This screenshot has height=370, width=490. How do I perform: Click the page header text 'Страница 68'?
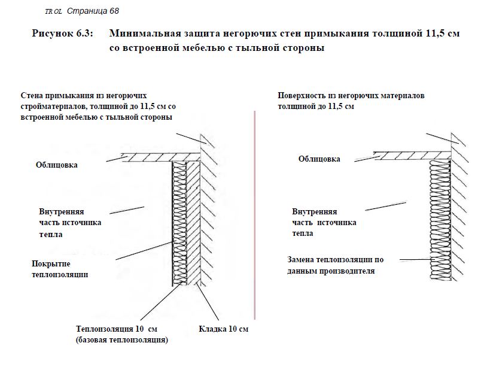[x=93, y=11]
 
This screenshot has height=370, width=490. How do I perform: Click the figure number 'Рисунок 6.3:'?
[x=62, y=34]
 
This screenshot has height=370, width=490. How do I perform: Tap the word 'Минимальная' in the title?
[x=145, y=34]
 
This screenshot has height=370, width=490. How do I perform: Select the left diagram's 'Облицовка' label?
[x=57, y=165]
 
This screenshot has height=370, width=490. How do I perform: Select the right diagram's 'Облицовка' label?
[x=319, y=159]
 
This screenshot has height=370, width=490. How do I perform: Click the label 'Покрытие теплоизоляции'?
[x=60, y=269]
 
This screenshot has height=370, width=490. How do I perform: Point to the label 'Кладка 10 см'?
[x=223, y=329]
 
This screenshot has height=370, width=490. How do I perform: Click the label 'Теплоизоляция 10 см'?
[x=117, y=329]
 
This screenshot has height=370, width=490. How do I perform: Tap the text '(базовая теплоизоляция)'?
[x=122, y=340]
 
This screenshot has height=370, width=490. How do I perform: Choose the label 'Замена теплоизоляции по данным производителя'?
[x=335, y=265]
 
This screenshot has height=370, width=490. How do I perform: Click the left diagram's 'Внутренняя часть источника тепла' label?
[x=70, y=223]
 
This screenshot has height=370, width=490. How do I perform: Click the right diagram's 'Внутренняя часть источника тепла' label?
[x=324, y=222]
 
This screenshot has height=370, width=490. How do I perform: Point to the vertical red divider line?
[x=255, y=215]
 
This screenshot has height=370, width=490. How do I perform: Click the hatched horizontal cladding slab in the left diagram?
[x=162, y=157]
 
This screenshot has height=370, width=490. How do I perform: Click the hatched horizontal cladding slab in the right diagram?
[x=412, y=156]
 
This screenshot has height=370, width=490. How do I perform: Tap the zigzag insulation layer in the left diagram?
[x=179, y=223]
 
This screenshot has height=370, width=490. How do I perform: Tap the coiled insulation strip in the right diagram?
[x=440, y=220]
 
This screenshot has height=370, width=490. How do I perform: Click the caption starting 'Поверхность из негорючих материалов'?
[x=351, y=101]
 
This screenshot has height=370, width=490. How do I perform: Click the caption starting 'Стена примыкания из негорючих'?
[x=98, y=107]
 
